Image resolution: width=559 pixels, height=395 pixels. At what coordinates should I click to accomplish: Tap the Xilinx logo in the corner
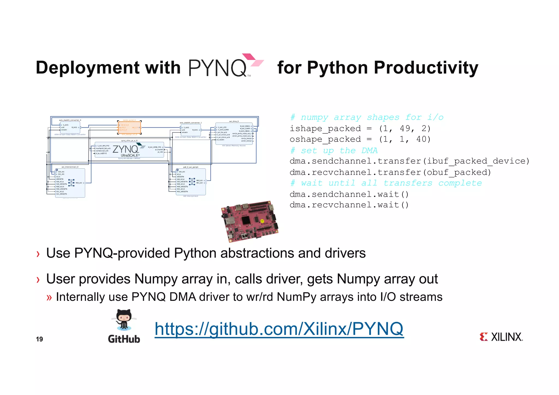pos(501,337)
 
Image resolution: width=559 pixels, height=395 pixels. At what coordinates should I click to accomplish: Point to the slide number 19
pos(39,339)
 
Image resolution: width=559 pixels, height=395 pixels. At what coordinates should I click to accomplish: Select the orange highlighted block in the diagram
pos(129,128)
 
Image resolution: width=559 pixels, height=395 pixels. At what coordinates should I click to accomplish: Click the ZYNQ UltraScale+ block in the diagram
pos(129,150)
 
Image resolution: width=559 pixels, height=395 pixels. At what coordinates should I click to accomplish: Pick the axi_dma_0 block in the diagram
pos(234,134)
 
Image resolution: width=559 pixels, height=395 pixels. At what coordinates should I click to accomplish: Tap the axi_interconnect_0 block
pos(70,182)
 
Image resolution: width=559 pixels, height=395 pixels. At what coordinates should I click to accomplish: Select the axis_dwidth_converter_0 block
pos(70,127)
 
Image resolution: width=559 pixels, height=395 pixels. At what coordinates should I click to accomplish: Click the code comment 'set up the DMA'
pos(334,151)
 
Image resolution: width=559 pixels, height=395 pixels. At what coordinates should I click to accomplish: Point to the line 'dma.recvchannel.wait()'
pos(349,205)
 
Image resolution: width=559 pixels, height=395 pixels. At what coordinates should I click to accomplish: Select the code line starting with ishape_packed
pos(360,128)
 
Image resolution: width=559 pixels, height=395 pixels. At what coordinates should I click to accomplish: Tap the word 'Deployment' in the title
pos(88,68)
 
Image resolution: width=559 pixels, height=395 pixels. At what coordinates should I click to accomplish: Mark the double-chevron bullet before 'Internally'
pos(49,297)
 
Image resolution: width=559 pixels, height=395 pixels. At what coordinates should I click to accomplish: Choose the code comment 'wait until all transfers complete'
pos(386,183)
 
